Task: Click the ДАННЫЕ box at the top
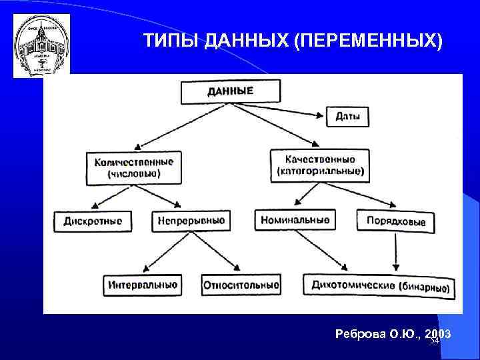pos(229,92)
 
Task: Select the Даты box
pos(347,116)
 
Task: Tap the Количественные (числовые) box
pos(133,167)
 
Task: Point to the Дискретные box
pos(93,221)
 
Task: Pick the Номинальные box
pos(295,219)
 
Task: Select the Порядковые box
pos(395,221)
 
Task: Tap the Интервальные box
pos(142,285)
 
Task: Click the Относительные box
pos(241,285)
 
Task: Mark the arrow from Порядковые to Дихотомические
pos(397,252)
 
